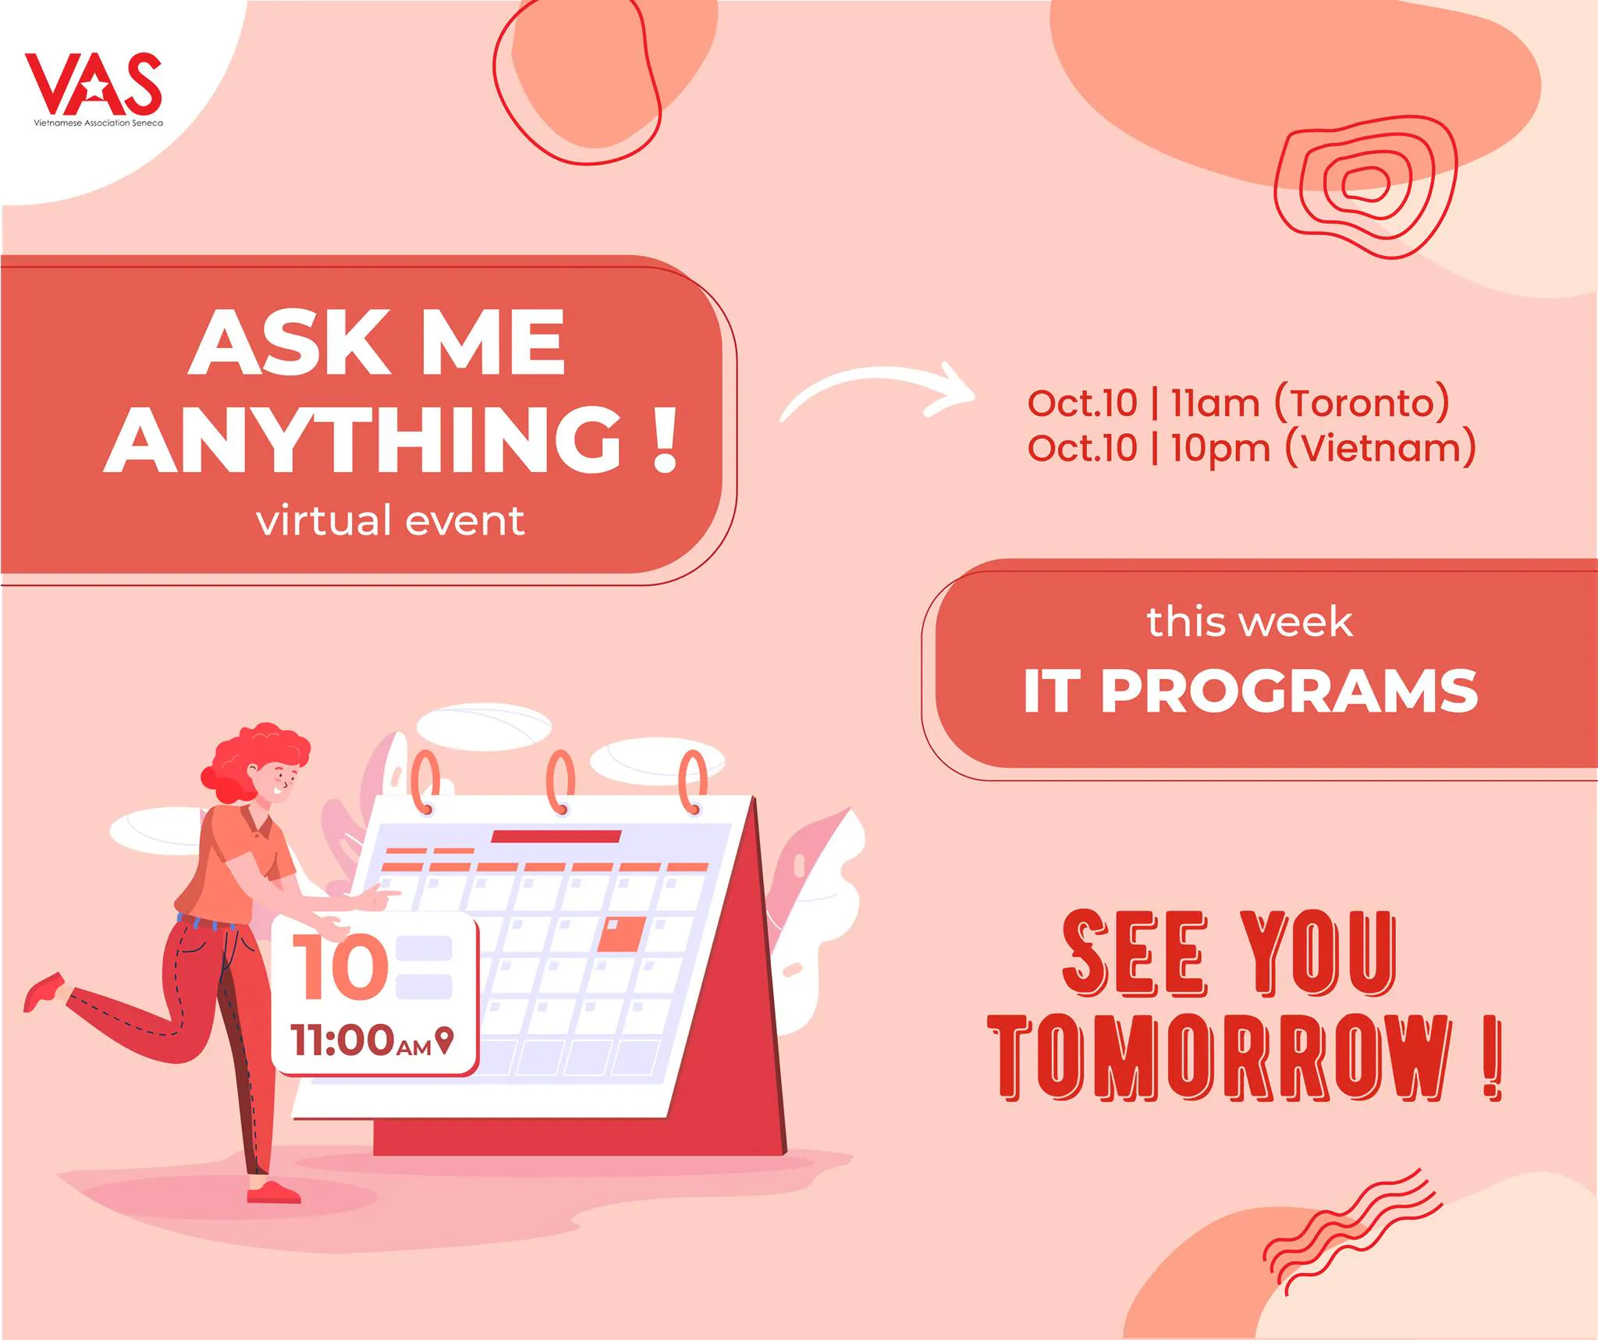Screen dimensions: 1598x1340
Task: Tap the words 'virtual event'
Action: pyautogui.click(x=390, y=521)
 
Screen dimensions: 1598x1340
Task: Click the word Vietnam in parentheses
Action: pyautogui.click(x=1380, y=449)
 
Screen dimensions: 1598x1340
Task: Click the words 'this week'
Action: pyautogui.click(x=1249, y=622)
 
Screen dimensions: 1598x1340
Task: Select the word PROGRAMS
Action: pyautogui.click(x=1289, y=691)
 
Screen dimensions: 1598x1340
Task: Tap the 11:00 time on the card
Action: pyautogui.click(x=342, y=1040)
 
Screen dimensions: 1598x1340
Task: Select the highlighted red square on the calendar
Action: pyautogui.click(x=622, y=934)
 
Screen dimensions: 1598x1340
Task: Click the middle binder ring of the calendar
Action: pyautogui.click(x=560, y=782)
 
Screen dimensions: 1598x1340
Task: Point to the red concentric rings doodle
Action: pyautogui.click(x=1365, y=187)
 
